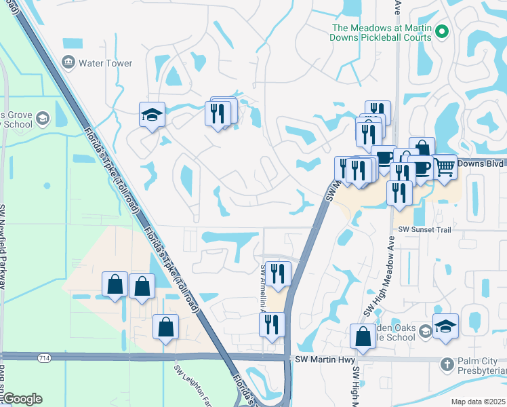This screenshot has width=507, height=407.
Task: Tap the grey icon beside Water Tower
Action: [68, 63]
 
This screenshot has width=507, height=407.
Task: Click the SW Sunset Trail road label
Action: [424, 231]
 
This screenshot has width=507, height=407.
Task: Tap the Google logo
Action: [22, 398]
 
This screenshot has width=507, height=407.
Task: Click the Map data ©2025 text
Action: [478, 402]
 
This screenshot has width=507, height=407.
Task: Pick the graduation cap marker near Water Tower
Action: [153, 115]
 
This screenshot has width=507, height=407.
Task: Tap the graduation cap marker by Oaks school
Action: [445, 326]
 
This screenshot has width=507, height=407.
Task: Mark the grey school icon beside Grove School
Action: [42, 119]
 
